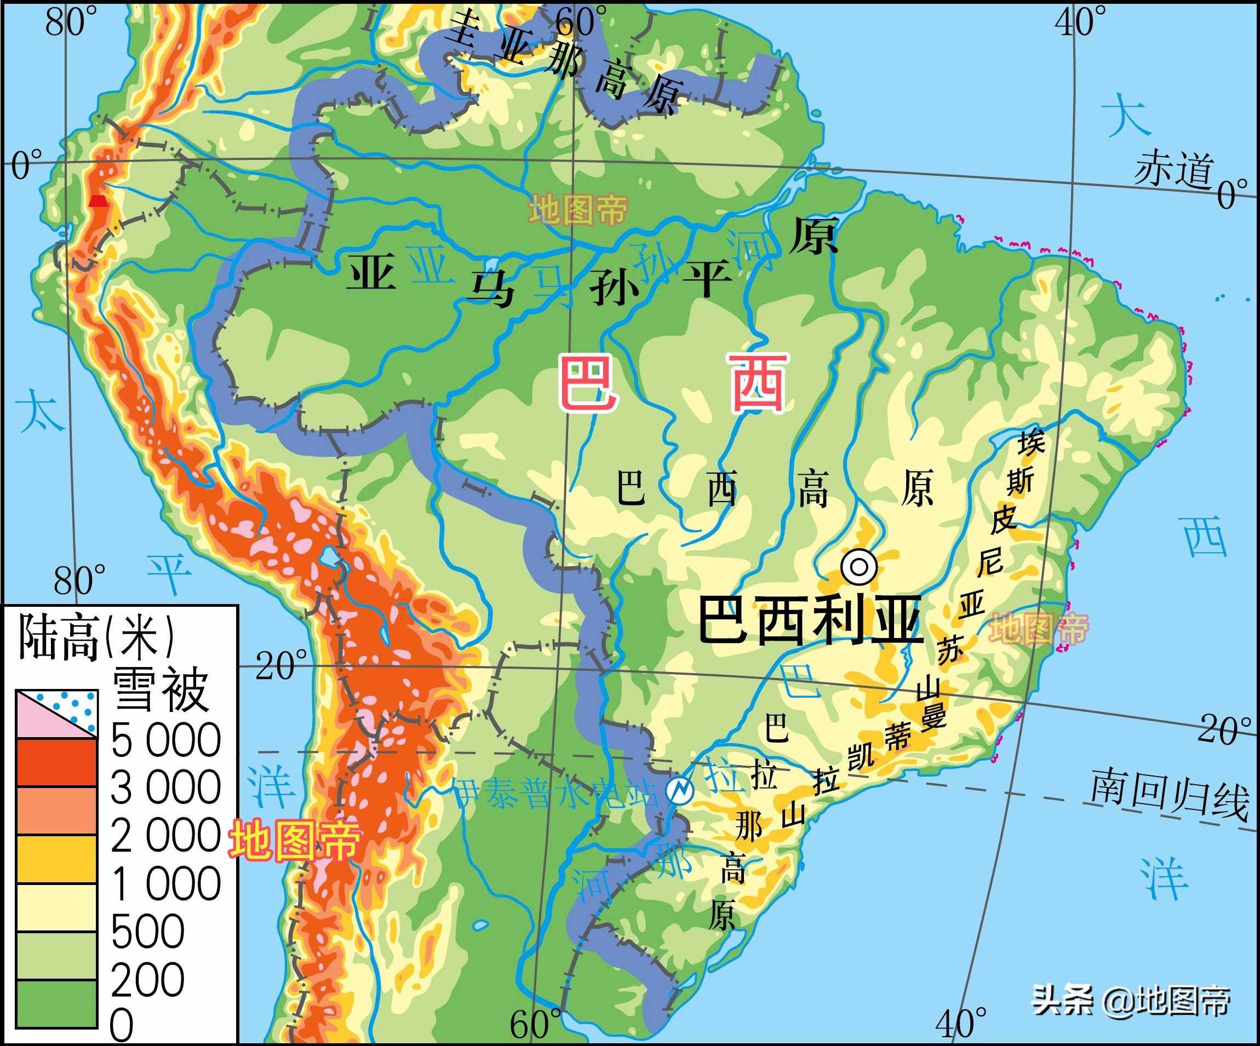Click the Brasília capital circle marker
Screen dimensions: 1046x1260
tap(858, 566)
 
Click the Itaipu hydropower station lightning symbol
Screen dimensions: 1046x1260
tap(680, 790)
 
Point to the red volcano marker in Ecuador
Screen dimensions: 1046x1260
tap(99, 201)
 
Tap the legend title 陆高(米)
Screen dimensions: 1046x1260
tap(96, 637)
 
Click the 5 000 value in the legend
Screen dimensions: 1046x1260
tap(165, 740)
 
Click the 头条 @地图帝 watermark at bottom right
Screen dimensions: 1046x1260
tap(1131, 1001)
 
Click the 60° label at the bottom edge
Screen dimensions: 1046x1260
tap(535, 1025)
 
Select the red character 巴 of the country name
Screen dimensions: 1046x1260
tap(587, 382)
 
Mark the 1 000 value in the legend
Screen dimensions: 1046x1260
tap(165, 883)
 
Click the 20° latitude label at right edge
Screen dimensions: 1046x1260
tap(1224, 729)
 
